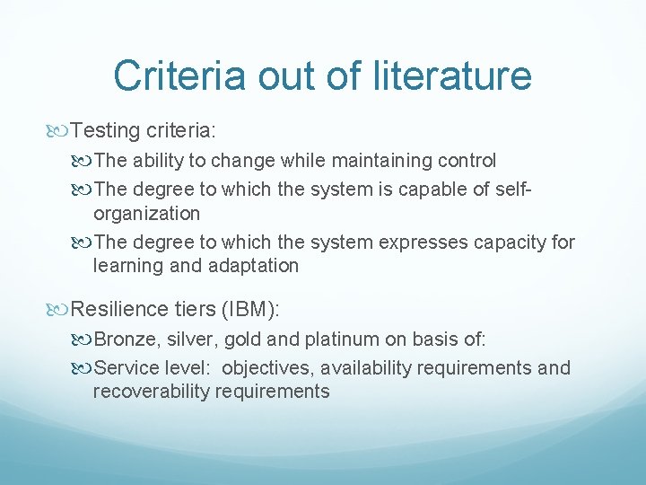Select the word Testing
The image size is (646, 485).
105,131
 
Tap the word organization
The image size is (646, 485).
146,214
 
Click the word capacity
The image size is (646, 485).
511,242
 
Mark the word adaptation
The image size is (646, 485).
253,266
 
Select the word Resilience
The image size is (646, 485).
118,309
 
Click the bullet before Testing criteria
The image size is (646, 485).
58,132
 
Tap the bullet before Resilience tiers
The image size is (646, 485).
58,310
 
